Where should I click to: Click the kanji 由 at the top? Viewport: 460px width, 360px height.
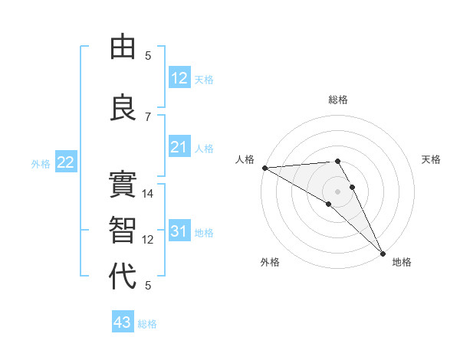click(123, 47)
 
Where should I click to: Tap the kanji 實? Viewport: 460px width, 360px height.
click(123, 184)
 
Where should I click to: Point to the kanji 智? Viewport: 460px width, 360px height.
click(123, 229)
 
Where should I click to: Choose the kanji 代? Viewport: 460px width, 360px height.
click(123, 275)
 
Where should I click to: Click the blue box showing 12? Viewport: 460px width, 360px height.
click(179, 78)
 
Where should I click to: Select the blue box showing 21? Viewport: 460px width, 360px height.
click(179, 147)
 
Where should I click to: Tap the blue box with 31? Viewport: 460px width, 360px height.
click(179, 231)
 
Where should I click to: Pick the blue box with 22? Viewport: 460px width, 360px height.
click(66, 162)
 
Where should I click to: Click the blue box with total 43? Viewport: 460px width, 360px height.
click(123, 322)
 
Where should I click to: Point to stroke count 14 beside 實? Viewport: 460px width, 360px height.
click(148, 194)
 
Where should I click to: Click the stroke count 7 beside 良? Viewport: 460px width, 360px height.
click(148, 116)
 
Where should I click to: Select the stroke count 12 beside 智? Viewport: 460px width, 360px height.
click(148, 240)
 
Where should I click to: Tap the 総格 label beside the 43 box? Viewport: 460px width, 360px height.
click(148, 324)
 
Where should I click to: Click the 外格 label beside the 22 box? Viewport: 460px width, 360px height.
click(41, 164)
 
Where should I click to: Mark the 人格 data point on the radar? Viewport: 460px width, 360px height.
click(264, 168)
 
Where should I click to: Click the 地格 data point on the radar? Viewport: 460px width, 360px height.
click(382, 252)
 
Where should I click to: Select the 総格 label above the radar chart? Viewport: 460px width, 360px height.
click(337, 100)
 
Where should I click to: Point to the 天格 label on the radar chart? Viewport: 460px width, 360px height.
click(432, 159)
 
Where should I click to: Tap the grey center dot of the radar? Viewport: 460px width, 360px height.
click(337, 191)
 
